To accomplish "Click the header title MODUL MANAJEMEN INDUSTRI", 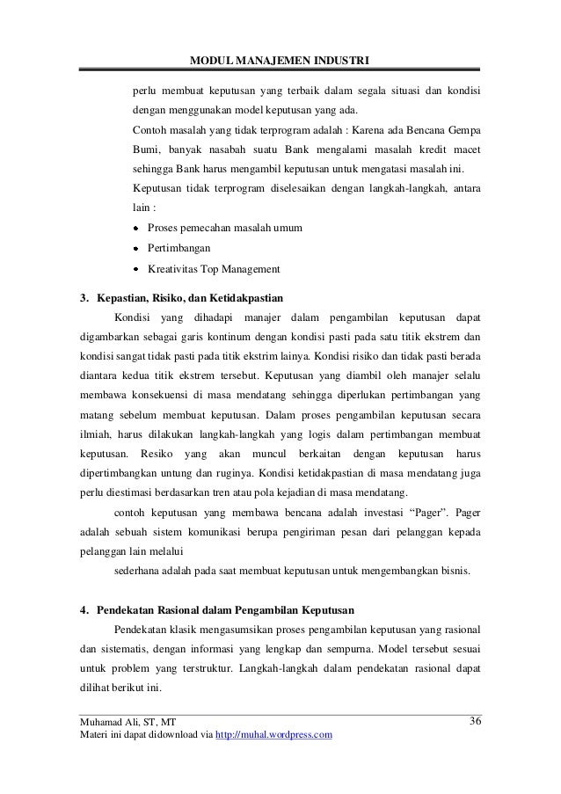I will (280, 60).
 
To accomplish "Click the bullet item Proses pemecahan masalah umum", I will (225, 229).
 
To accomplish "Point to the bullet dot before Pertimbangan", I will (136, 249).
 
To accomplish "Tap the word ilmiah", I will (96, 433).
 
